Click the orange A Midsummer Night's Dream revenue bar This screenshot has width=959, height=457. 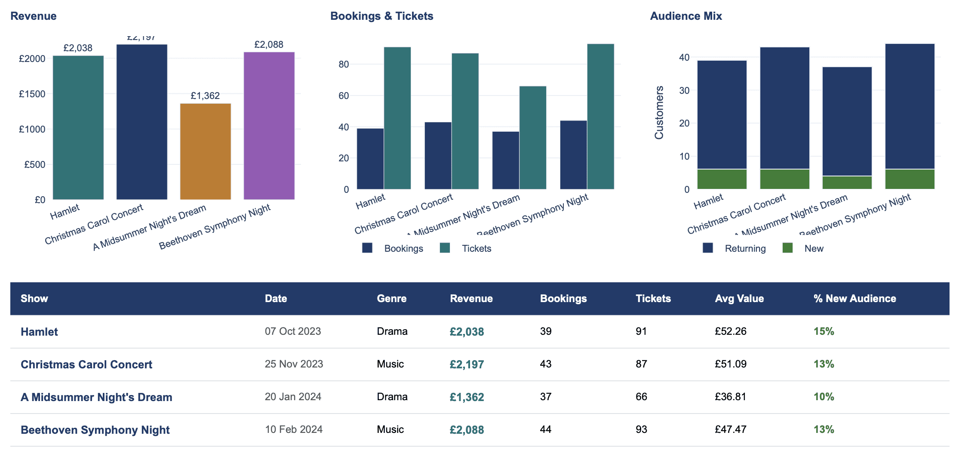tap(205, 151)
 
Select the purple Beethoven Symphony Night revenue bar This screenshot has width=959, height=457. tap(269, 126)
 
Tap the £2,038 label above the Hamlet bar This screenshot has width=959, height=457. tap(78, 48)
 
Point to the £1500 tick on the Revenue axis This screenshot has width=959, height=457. tap(32, 94)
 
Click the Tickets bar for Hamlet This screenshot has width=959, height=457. tap(397, 118)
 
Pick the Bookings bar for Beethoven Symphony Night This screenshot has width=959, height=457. tap(573, 155)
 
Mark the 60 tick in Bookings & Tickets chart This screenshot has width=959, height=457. tap(344, 96)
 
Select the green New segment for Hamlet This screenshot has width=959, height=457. tap(722, 179)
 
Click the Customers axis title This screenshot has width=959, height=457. tap(659, 113)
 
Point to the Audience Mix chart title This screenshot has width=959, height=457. tap(686, 16)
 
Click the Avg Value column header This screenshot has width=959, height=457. tap(739, 299)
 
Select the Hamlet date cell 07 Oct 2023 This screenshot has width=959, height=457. tap(293, 331)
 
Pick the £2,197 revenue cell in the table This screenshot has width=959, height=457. tap(467, 364)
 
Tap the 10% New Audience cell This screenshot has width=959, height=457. tap(824, 397)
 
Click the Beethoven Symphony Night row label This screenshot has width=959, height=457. tap(95, 430)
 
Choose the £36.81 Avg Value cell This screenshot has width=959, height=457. tap(730, 397)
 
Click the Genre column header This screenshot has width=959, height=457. tap(391, 299)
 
